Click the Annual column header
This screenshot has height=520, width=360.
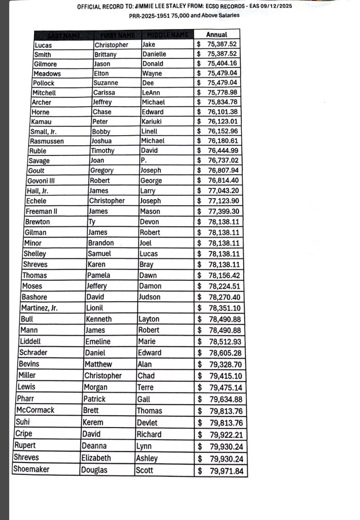pyautogui.click(x=217, y=35)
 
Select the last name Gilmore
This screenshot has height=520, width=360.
pyautogui.click(x=45, y=64)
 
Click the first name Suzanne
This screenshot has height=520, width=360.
pyautogui.click(x=106, y=83)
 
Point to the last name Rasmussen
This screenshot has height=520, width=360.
pyautogui.click(x=47, y=141)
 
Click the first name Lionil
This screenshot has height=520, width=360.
pyautogui.click(x=95, y=308)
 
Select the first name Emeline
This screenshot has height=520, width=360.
pyautogui.click(x=98, y=341)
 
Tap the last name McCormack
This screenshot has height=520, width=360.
pyautogui.click(x=35, y=410)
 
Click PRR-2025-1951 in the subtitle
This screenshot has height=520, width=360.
pyautogui.click(x=149, y=16)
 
